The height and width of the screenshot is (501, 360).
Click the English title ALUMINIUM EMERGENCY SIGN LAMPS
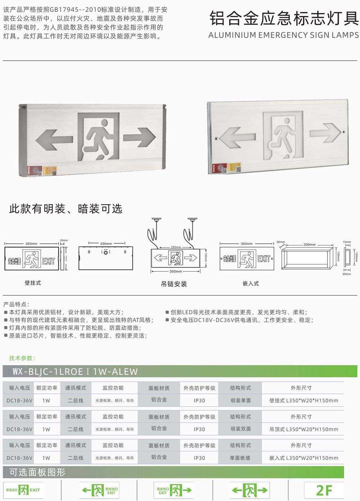click(283, 35)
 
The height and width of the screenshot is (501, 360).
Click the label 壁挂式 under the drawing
click(33, 283)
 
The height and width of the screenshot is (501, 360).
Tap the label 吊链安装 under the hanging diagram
click(174, 284)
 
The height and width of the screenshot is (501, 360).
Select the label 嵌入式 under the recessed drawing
click(251, 284)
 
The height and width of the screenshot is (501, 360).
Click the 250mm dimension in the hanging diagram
click(176, 247)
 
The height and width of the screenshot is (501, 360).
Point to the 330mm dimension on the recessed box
click(309, 244)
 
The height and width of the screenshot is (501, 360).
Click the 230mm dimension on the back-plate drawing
click(106, 244)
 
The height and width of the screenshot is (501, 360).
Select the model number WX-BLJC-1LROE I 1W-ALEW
click(75, 371)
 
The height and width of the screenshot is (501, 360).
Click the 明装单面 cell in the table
click(240, 400)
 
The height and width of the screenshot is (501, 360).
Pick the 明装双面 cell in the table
click(240, 429)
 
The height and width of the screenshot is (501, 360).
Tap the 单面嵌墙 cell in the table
click(240, 458)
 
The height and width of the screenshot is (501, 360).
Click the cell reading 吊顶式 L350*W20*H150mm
click(303, 429)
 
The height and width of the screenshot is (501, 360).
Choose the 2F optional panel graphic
click(324, 490)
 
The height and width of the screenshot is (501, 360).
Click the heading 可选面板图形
click(37, 472)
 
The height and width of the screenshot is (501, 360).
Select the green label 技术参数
click(22, 358)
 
